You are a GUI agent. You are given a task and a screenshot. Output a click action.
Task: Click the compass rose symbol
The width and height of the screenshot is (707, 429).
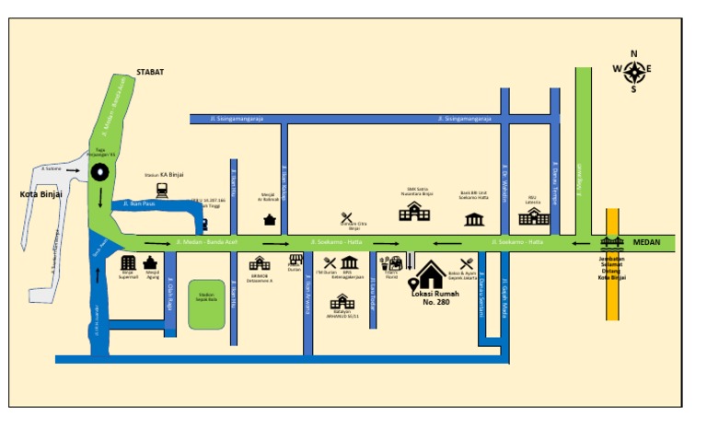[x=633, y=70]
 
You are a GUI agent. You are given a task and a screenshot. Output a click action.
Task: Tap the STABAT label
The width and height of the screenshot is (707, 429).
[x=151, y=71]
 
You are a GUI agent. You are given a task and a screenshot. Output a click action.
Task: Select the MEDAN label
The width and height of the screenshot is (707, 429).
[x=647, y=242]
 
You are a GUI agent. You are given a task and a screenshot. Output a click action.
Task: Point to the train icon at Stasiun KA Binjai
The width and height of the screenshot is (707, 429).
[x=162, y=190]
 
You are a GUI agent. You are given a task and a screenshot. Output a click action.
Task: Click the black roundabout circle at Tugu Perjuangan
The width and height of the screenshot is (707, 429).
[x=99, y=170]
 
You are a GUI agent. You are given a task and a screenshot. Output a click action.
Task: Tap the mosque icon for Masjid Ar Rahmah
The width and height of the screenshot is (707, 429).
[x=269, y=219]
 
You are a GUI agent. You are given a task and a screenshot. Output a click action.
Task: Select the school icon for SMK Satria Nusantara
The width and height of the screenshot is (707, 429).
[x=413, y=213]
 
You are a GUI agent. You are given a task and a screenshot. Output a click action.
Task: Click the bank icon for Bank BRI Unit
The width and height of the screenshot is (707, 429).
[x=475, y=218]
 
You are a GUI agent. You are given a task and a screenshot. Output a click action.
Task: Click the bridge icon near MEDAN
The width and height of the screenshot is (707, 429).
[x=611, y=242]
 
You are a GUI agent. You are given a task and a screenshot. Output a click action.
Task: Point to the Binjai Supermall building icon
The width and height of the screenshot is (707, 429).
[x=128, y=264]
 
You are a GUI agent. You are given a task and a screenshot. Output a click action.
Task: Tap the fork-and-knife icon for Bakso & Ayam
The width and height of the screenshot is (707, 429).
[x=467, y=262]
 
